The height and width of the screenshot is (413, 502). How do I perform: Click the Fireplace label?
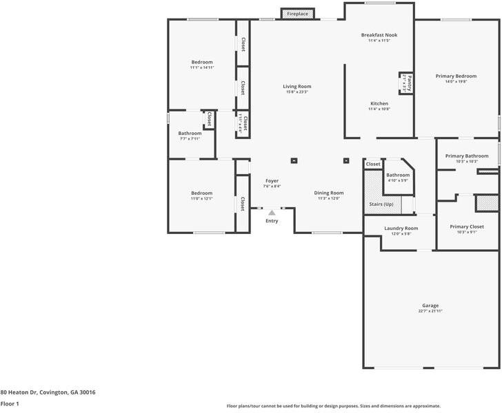[298, 14]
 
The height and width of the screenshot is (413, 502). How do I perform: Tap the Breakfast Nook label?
[379, 35]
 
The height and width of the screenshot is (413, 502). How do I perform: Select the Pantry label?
[409, 83]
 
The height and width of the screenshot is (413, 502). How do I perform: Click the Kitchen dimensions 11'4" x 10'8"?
[379, 109]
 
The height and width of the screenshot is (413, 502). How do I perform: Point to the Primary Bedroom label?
[456, 76]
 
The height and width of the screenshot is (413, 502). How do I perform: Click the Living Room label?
[297, 87]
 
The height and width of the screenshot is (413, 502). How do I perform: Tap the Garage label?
[430, 306]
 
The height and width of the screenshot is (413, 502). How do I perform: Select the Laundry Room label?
[401, 228]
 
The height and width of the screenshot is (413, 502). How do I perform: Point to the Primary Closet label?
[467, 226]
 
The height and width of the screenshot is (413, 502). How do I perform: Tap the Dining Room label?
[329, 193]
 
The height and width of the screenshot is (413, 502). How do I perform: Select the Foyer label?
[272, 180]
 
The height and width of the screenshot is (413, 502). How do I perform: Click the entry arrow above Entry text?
[272, 213]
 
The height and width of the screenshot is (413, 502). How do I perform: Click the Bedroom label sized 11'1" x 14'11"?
[202, 62]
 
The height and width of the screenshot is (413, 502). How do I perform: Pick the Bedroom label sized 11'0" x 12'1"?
[202, 193]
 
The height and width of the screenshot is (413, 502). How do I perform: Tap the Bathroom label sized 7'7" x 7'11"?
[190, 134]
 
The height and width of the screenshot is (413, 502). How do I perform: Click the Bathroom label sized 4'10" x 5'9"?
[398, 175]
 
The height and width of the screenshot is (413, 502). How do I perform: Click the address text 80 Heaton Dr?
[48, 392]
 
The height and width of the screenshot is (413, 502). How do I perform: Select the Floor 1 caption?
[10, 404]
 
